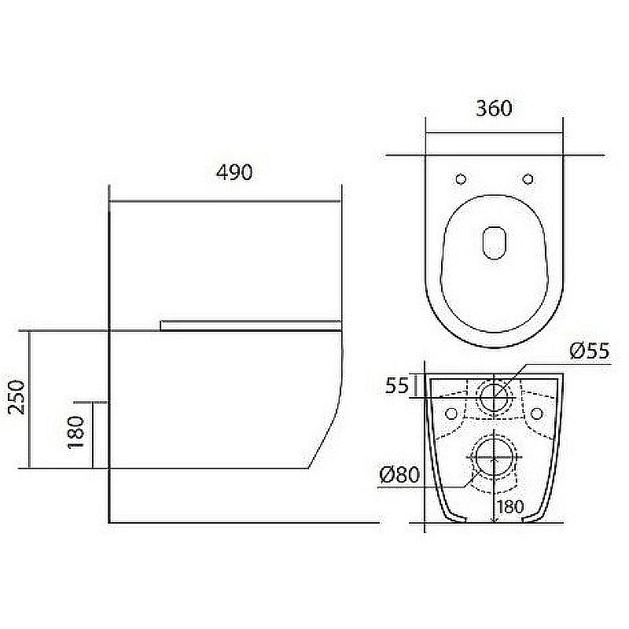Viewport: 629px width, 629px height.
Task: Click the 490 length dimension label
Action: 234,172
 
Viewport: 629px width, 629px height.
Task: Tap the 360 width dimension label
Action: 494,109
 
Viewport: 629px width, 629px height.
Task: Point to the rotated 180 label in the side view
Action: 76,432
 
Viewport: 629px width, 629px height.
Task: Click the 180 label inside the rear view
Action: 510,506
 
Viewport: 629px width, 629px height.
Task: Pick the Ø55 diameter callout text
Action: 590,351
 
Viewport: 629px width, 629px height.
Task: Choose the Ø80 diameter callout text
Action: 399,475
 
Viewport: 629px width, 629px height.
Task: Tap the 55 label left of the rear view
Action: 397,386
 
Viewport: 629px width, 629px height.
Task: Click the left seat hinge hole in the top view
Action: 461,179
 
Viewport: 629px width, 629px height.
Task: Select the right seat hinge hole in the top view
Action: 528,179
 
